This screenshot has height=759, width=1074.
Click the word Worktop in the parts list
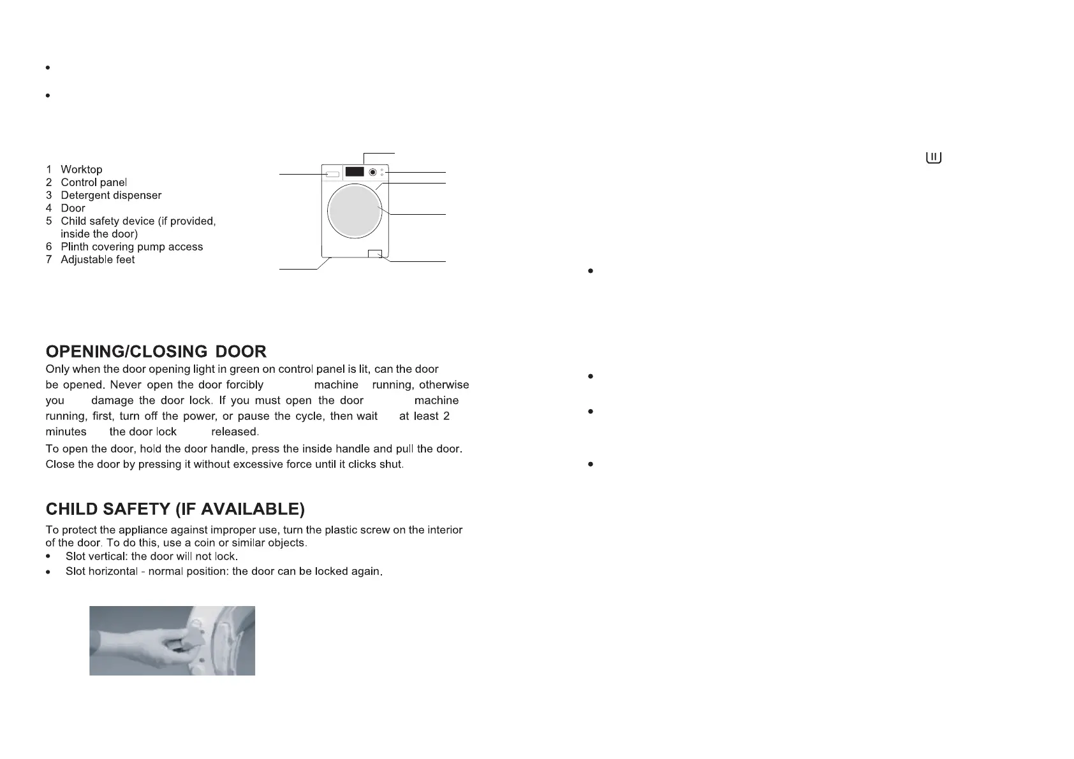pos(81,170)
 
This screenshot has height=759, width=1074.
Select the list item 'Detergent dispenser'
pos(111,195)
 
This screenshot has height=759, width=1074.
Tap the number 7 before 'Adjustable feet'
pos(48,259)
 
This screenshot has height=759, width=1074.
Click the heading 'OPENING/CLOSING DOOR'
pos(156,352)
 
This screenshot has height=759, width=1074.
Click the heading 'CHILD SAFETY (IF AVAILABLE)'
pos(175,509)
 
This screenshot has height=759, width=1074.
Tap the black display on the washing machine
pos(355,172)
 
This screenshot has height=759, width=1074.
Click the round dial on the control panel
pos(372,172)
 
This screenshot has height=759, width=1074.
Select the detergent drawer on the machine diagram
pos(332,173)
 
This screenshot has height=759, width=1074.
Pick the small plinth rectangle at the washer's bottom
pos(375,254)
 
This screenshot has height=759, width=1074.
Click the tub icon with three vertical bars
pos(934,157)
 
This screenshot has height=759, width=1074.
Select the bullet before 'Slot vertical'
pos(48,556)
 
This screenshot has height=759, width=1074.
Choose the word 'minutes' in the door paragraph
pos(66,431)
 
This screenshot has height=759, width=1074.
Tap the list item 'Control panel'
pos(94,182)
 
